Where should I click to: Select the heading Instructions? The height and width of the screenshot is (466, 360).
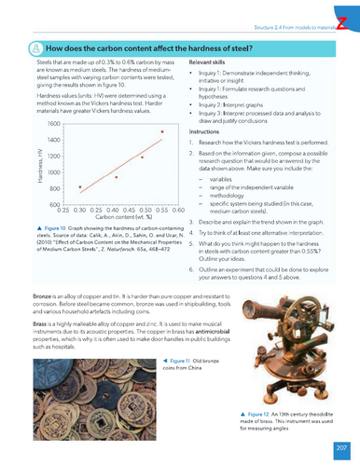coord(206,132)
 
